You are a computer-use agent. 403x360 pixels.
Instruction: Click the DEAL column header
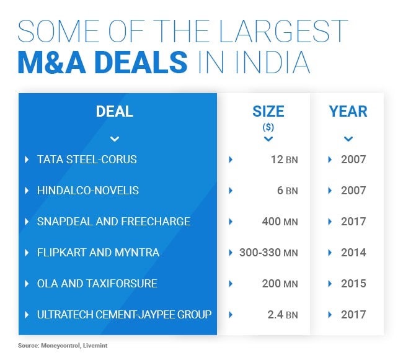(x=115, y=112)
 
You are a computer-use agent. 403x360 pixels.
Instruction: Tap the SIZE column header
(x=268, y=112)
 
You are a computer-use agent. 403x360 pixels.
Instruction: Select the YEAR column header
(x=348, y=112)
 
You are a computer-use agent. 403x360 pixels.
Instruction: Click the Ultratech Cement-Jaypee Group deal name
(x=123, y=315)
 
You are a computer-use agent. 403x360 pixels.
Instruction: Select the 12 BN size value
(x=283, y=160)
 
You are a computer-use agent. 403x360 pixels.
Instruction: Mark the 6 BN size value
(x=286, y=191)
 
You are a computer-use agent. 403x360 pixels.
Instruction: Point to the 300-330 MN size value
(x=268, y=253)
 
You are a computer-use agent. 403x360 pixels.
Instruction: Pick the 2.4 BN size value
(x=282, y=315)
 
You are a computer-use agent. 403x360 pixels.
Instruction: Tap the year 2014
(x=353, y=253)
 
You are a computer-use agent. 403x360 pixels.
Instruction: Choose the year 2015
(x=353, y=284)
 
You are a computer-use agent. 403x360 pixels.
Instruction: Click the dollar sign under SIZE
(x=268, y=127)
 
